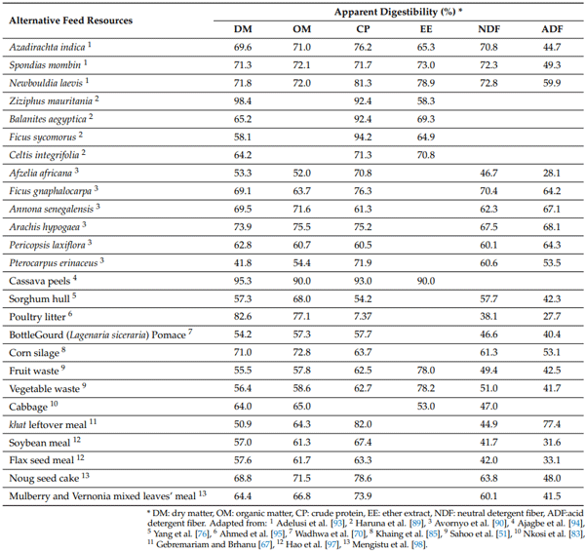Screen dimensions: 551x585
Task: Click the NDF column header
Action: pyautogui.click(x=489, y=29)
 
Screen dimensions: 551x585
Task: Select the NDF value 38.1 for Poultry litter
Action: pyautogui.click(x=489, y=316)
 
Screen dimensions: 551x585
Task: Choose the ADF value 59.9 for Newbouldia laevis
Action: pyautogui.click(x=551, y=82)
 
